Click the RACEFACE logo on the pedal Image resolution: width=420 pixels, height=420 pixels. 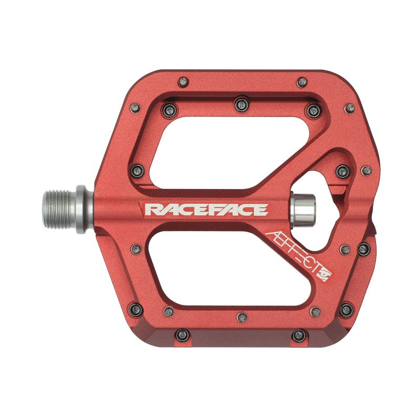[206, 210]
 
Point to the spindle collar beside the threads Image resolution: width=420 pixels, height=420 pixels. [81, 208]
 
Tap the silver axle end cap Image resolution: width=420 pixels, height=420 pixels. [303, 209]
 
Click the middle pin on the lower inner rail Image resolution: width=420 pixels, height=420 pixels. [241, 317]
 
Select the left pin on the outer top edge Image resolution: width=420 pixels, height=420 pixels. [183, 82]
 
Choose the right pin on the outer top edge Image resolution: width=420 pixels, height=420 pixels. [302, 82]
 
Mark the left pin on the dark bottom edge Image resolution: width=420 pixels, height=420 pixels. [182, 334]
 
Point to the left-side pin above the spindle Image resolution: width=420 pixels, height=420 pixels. [138, 170]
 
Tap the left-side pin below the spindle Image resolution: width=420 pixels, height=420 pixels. [135, 249]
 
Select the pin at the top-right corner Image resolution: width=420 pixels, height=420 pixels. [350, 108]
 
